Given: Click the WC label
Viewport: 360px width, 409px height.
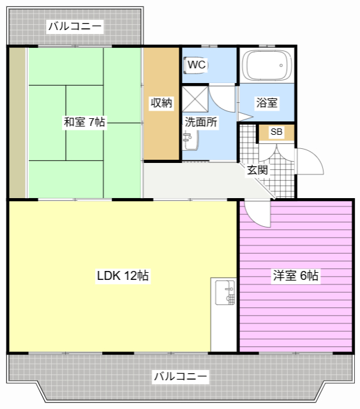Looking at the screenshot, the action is (197, 65).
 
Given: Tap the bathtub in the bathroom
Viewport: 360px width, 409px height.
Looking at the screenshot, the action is (267, 65).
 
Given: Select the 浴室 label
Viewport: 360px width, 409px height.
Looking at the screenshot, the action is (267, 103).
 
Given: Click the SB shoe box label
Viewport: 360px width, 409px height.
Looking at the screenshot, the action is (276, 132).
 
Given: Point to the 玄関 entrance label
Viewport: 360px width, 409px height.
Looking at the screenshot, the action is (257, 170).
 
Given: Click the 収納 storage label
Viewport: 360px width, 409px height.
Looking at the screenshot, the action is (161, 103).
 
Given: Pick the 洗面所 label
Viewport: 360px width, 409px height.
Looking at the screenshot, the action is (201, 122).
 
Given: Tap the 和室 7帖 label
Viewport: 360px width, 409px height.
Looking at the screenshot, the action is (84, 122).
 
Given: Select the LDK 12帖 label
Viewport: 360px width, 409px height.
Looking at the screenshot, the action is (123, 275).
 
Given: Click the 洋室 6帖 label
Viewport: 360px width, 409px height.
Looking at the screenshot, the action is (296, 275).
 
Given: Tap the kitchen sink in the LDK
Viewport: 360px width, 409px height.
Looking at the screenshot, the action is (225, 293).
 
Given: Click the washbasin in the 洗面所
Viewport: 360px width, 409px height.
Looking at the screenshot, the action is (190, 141).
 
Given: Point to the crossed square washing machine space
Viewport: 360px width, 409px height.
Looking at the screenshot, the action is (195, 100).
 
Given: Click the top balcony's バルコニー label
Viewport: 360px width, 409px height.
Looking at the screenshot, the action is (75, 26).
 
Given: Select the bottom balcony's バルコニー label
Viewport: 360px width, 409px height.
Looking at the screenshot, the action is (181, 376).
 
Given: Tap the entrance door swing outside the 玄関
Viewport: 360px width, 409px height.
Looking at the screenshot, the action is (310, 161).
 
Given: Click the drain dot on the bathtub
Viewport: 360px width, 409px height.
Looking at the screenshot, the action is (281, 65).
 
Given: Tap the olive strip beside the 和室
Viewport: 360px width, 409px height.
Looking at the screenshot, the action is (17, 122).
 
